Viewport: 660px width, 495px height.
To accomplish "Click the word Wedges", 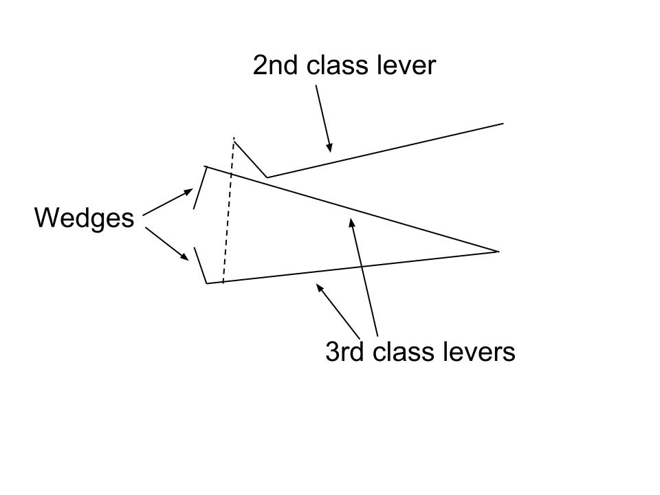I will click(x=84, y=219).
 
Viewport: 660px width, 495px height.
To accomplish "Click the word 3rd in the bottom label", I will click(x=345, y=352).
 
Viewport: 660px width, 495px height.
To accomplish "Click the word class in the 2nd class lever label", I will click(x=337, y=66).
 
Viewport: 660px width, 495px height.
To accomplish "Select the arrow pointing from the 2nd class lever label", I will click(x=323, y=117).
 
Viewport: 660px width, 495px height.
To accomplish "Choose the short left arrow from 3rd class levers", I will click(x=338, y=309).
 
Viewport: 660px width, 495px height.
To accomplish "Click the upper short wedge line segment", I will click(x=200, y=188).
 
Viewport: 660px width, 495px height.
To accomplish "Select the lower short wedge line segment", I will click(x=200, y=265).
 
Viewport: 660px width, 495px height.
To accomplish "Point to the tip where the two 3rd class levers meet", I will click(x=497, y=252).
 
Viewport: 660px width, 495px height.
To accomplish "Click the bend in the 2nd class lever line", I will click(x=267, y=177).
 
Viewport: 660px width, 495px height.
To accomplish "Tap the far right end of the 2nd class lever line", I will click(x=503, y=124).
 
